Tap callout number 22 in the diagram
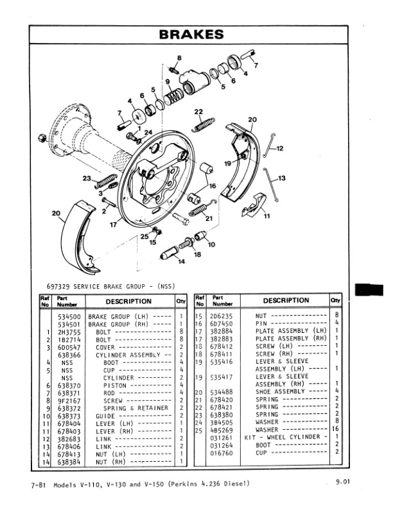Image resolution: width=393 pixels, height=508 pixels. [x=198, y=112]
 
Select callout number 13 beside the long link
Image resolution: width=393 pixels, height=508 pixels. [x=281, y=178]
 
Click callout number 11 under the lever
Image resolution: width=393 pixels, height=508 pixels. [x=266, y=216]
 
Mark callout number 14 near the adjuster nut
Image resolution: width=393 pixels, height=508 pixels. [x=163, y=262]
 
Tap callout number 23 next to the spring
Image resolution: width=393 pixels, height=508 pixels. [x=87, y=178]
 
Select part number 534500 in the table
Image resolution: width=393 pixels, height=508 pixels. [x=69, y=316]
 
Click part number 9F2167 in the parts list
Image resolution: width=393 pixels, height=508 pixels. [x=69, y=400]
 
